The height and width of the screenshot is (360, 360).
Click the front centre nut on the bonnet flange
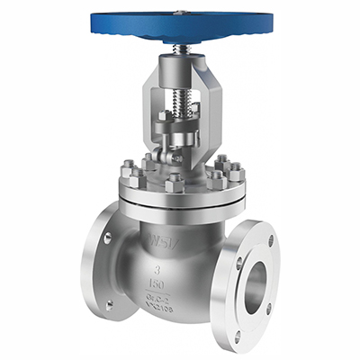pyautogui.click(x=175, y=184)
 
